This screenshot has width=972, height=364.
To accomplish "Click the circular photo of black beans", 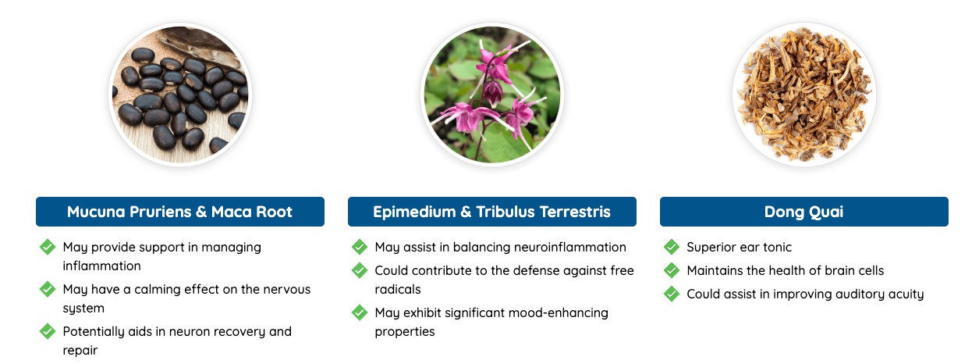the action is [x=180, y=95].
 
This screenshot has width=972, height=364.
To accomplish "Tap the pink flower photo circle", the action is [x=492, y=95].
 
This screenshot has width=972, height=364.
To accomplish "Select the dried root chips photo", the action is [x=804, y=95].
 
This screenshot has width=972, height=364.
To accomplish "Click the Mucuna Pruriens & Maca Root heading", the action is [x=179, y=212].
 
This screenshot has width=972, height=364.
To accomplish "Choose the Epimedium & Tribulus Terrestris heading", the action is [x=492, y=212].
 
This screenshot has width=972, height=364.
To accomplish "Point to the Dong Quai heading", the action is [x=804, y=212].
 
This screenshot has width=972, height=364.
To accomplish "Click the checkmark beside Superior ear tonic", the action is [x=672, y=247].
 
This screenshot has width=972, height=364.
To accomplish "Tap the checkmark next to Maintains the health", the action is [x=672, y=270].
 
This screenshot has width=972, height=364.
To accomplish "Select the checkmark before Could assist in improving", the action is [x=672, y=294].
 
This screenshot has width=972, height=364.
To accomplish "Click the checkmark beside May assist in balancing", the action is [x=360, y=247].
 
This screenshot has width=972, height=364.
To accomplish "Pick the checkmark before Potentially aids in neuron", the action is [x=48, y=331].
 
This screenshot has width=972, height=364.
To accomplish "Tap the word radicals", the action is [x=398, y=289].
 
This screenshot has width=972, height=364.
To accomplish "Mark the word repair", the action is [x=80, y=351].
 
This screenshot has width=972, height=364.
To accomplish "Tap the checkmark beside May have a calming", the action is [x=48, y=289].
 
